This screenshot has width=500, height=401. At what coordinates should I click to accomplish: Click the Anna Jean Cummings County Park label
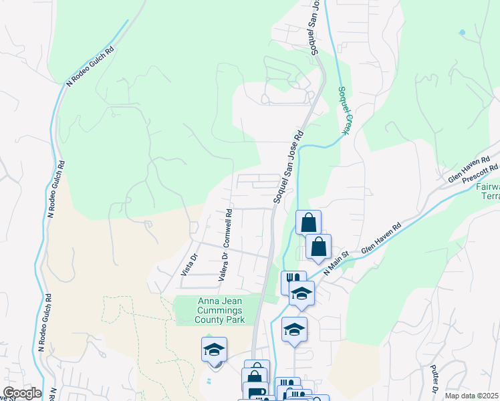(221, 311)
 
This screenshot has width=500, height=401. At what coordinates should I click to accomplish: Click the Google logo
(21, 393)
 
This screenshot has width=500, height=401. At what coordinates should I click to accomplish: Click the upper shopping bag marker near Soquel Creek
(309, 223)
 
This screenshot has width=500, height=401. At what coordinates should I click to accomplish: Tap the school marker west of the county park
(214, 350)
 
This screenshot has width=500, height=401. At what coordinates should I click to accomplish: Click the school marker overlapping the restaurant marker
(301, 293)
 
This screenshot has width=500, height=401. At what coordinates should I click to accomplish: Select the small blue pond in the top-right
(461, 31)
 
